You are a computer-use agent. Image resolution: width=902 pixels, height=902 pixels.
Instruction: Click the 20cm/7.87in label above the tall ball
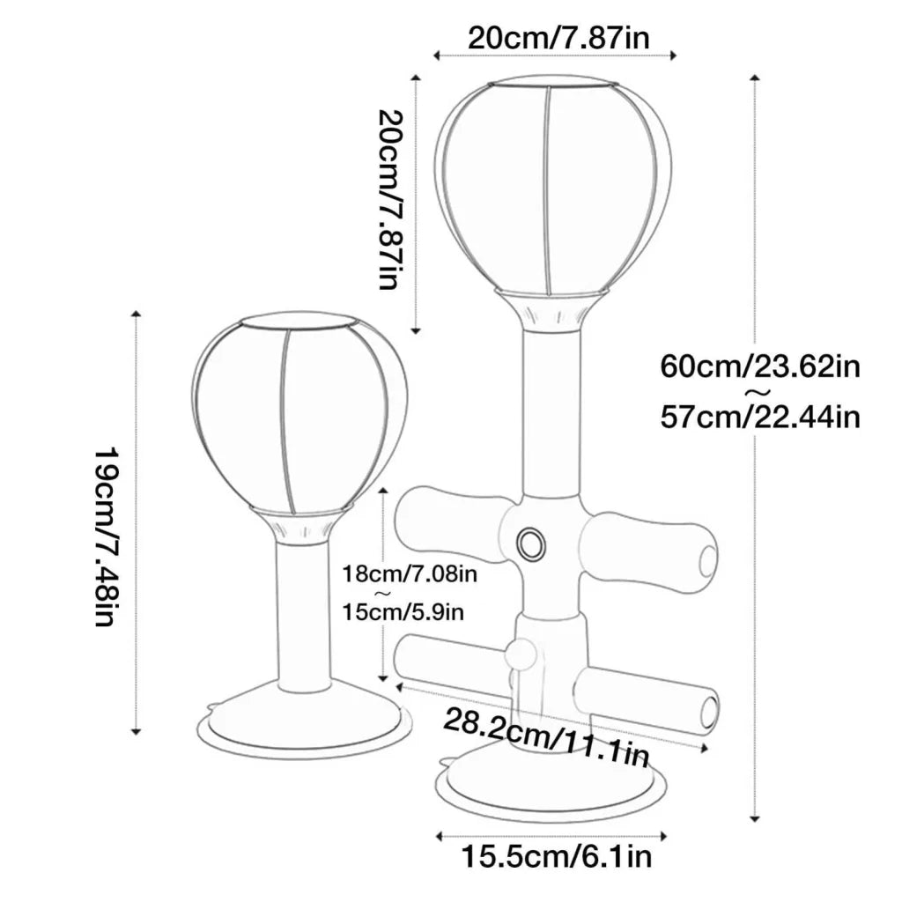click(558, 39)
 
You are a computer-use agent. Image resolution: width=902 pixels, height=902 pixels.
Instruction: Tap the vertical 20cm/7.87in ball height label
click(391, 199)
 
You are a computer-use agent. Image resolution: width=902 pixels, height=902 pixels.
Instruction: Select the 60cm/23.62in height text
click(760, 366)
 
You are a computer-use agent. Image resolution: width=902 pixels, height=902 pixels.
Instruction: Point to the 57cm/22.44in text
click(760, 417)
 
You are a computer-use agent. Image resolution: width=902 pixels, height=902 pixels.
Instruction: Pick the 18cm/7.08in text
click(410, 573)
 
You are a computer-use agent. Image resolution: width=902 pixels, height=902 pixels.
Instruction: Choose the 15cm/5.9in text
click(403, 612)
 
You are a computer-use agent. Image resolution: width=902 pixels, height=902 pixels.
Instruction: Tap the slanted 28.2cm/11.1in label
click(546, 737)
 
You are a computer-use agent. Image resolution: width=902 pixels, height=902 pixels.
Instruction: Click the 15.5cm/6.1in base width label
click(557, 856)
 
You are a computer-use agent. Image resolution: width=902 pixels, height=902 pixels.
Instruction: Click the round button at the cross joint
click(530, 543)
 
